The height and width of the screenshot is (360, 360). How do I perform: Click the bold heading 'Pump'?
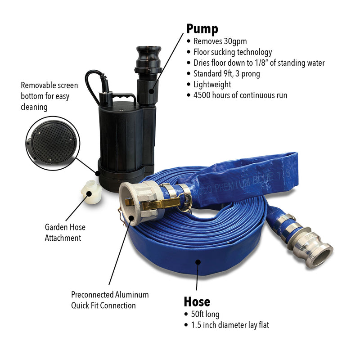(x=202, y=29)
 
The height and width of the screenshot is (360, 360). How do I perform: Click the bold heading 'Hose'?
(x=197, y=301)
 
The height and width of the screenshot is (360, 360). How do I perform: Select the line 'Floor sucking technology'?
(x=232, y=52)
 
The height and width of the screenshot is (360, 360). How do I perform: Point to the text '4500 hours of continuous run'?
(x=240, y=95)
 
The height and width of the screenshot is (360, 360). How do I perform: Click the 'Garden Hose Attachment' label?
(x=65, y=233)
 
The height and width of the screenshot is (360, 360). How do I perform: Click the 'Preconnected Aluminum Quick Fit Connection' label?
(x=110, y=300)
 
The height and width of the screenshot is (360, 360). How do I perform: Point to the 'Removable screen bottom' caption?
(x=49, y=95)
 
